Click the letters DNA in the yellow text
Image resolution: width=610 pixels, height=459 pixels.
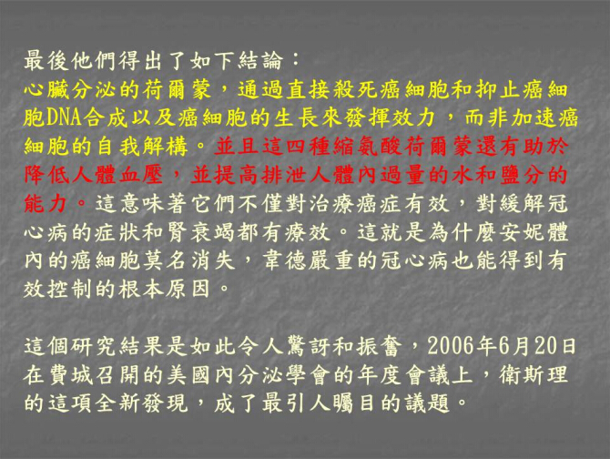point(65,117)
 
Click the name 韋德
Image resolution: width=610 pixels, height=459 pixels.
point(285,260)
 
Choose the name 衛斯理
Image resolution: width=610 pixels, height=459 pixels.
point(534,374)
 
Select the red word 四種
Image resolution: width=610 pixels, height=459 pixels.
point(309,147)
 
